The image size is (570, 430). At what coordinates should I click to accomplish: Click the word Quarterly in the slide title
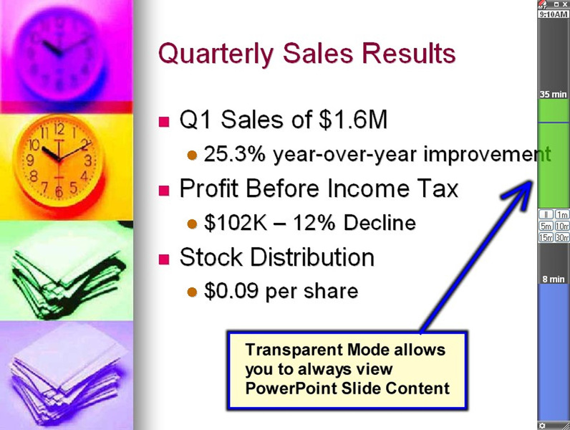[216, 54]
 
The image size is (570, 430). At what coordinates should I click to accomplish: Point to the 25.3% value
[235, 154]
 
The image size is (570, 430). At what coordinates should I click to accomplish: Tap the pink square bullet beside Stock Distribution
[164, 259]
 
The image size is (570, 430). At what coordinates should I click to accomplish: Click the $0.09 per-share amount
[231, 291]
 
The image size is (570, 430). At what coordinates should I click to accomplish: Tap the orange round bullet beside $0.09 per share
[192, 292]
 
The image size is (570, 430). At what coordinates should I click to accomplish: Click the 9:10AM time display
[554, 14]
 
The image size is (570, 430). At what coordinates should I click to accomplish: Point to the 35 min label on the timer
[554, 94]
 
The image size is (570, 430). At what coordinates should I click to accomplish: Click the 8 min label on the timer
[554, 279]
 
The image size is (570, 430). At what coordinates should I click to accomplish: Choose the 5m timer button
[546, 226]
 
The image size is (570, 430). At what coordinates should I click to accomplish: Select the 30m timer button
[562, 237]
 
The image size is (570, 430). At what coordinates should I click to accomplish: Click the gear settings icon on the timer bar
[542, 426]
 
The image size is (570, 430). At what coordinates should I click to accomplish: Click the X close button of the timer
[564, 4]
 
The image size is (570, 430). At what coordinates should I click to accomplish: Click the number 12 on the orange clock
[59, 129]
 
